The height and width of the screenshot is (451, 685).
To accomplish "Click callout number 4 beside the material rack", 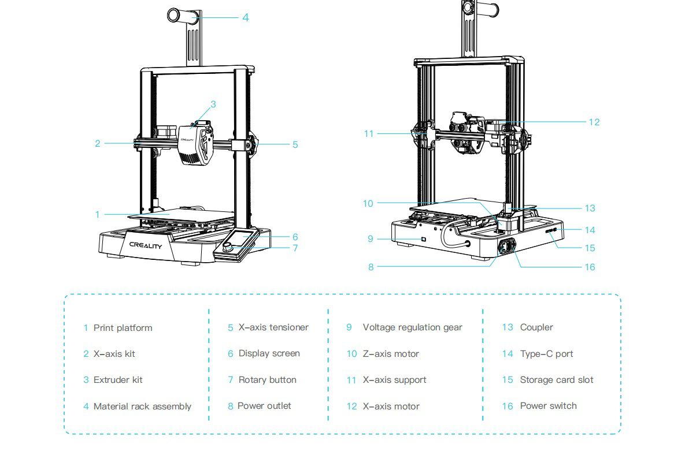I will tap(246, 17).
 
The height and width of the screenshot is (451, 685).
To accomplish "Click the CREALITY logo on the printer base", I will tap(146, 245).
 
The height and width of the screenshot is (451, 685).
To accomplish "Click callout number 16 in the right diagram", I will tap(590, 267).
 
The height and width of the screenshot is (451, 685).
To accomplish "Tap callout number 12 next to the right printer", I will tap(594, 122).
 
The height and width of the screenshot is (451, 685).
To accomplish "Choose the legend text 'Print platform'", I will tap(123, 328).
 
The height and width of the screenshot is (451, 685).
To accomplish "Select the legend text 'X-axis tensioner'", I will tap(273, 327).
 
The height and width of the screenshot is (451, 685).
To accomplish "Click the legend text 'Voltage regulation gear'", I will tap(412, 327).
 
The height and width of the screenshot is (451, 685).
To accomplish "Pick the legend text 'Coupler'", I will tap(536, 327).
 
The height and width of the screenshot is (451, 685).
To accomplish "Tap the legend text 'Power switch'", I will tap(548, 406).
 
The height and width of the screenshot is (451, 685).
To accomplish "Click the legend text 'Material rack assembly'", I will tap(142, 407).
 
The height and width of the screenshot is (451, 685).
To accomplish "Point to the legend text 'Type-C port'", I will tap(546, 354).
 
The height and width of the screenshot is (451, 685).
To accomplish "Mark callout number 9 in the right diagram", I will tap(371, 238).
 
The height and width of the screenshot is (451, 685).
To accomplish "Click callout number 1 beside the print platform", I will tap(98, 214).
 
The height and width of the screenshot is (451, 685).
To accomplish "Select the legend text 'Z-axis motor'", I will tap(391, 354).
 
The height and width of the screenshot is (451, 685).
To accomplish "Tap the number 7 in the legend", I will tap(231, 380).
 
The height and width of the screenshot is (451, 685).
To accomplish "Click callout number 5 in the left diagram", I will tap(295, 144).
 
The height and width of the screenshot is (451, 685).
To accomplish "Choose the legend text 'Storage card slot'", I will tap(557, 380).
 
